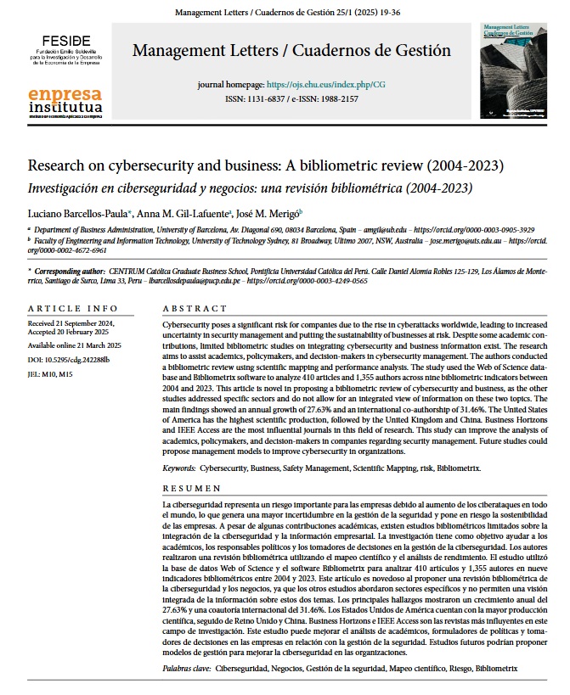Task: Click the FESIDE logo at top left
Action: (61, 50)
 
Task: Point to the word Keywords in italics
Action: (179, 468)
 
